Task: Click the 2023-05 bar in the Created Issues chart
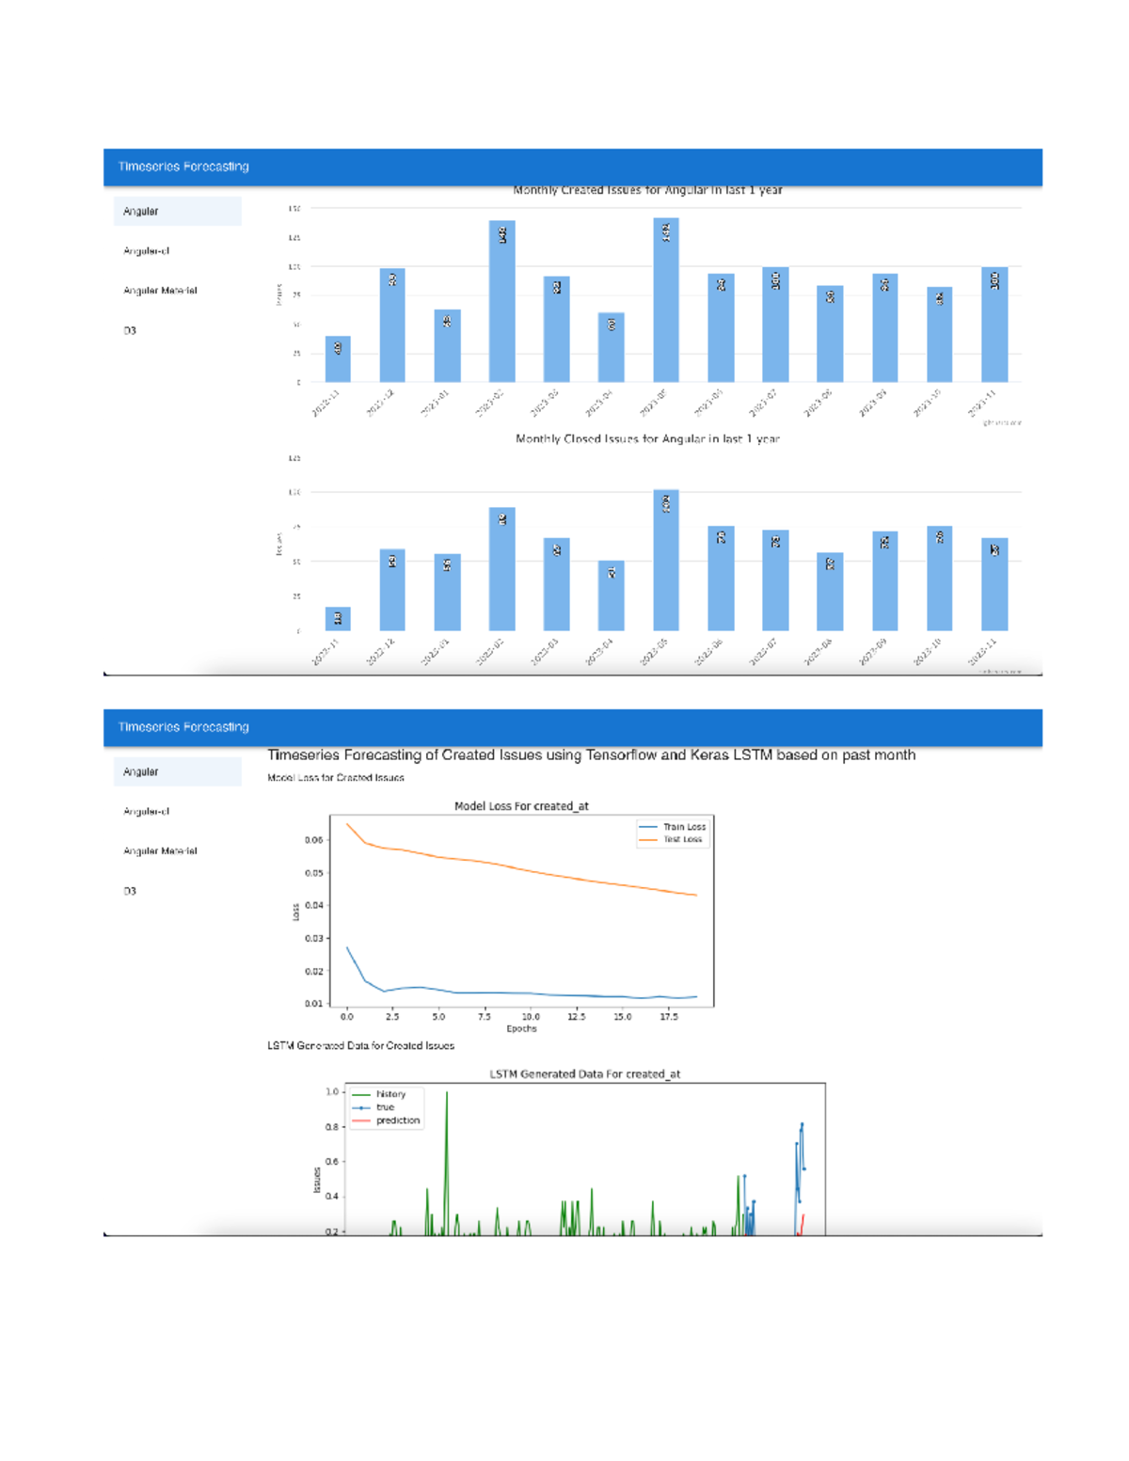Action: point(665,301)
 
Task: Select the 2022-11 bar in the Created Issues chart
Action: point(338,359)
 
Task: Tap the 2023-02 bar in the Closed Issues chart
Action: point(501,569)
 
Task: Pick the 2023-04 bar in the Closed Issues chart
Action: point(611,596)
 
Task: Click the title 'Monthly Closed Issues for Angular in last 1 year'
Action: point(647,439)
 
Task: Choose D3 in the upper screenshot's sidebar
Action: point(130,331)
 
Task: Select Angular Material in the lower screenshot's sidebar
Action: point(160,851)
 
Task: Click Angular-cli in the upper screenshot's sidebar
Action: point(146,251)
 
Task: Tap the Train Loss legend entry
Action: point(684,827)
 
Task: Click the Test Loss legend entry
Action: point(682,839)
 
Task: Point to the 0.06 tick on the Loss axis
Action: point(313,840)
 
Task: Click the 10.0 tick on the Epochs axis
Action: point(531,1017)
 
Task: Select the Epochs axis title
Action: point(521,1029)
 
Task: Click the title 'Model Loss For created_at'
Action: point(521,806)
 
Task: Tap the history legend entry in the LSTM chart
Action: point(390,1094)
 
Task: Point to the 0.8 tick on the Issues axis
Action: point(332,1127)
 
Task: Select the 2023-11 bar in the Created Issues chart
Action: point(994,325)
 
